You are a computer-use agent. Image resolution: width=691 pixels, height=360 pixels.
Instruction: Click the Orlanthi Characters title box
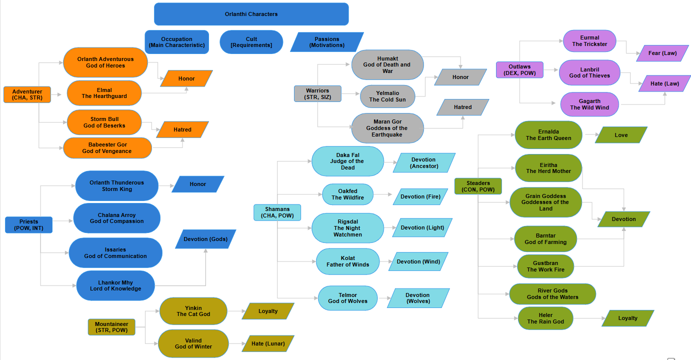pos(251,14)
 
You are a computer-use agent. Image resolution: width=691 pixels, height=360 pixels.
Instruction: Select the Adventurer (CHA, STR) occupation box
pos(27,94)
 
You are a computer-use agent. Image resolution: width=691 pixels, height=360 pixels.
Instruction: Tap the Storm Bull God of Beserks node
pos(104,122)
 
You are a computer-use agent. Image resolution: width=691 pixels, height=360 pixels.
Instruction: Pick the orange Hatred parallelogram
pos(182,129)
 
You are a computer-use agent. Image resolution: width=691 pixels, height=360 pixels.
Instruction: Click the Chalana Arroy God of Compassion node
pos(116,218)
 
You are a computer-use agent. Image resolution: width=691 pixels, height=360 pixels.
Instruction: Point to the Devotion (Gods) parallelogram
pos(205,239)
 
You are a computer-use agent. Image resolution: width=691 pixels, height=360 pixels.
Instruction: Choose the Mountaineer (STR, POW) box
pos(111,327)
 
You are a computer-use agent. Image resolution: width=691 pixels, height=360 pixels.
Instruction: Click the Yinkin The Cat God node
pos(193,311)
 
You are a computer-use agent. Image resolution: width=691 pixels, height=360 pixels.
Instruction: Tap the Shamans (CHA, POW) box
pos(277,212)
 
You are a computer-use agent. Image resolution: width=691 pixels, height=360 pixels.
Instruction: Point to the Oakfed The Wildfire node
pos(347,194)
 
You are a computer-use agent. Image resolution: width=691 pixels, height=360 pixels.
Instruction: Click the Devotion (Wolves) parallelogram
pos(417,298)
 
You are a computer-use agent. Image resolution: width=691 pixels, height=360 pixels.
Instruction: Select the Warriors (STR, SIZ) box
pos(317,93)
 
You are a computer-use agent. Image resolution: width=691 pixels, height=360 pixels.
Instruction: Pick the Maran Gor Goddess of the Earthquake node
pos(387,128)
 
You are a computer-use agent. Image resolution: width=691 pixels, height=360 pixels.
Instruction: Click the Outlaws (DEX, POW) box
pos(519,69)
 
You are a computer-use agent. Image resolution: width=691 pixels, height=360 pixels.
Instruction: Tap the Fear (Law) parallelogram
pos(662,53)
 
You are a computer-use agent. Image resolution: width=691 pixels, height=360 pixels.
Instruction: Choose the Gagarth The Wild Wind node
pos(589,104)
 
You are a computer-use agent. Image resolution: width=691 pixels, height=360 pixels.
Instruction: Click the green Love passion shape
pos(621,135)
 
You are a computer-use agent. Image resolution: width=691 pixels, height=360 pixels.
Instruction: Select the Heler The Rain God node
pos(545,318)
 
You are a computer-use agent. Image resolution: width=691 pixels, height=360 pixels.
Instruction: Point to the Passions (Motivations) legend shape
pos(327,42)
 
